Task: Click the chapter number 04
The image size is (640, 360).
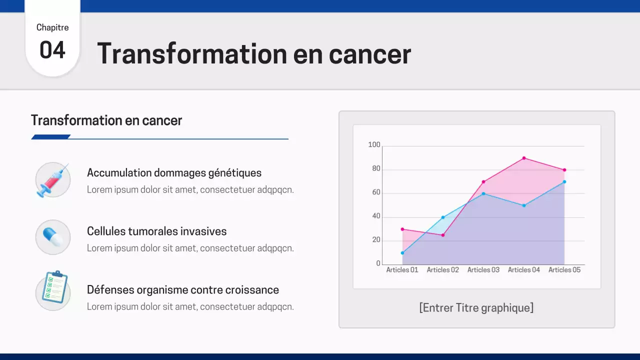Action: pos(52,50)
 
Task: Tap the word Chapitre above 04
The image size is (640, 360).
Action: pos(52,27)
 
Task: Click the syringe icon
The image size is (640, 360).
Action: pos(53,179)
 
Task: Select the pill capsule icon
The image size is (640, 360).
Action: pos(53,237)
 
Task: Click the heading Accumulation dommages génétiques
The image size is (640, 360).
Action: pos(174,173)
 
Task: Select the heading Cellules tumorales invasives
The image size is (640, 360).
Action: pos(156,231)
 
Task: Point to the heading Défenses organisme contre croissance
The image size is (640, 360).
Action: pos(182,290)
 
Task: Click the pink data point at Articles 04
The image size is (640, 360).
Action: pos(524,158)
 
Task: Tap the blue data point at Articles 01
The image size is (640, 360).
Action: pos(402,253)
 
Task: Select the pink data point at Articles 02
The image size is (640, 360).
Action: pos(443,235)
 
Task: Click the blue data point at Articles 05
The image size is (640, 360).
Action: pos(564,181)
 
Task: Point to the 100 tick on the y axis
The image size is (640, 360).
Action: pos(374,145)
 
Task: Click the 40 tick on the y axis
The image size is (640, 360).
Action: pos(375,216)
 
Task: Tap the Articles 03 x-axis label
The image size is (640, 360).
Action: pos(483,270)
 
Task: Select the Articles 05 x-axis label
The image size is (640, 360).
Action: pos(564,270)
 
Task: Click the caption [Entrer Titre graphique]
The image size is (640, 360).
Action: pos(476,307)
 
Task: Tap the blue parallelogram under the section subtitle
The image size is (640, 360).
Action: pos(50,137)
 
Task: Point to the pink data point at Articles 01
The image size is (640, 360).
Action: pos(402,229)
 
